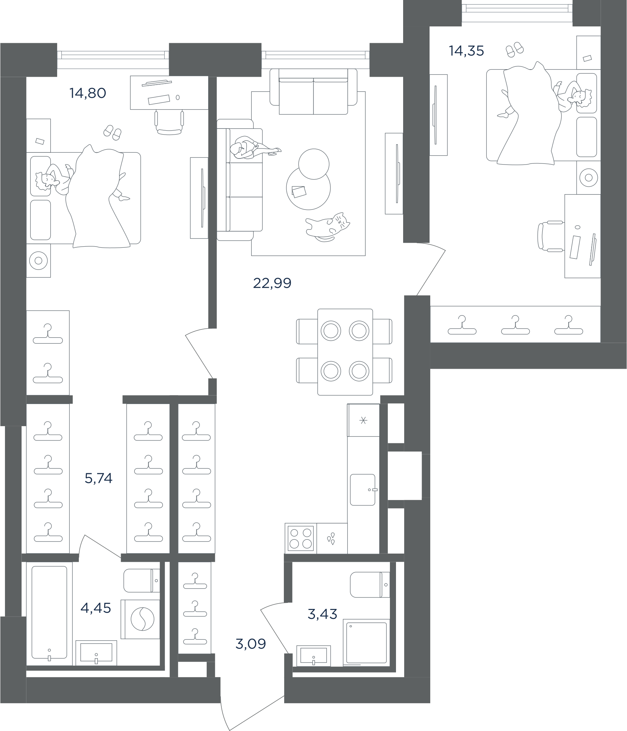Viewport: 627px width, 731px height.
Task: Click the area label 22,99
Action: [272, 283]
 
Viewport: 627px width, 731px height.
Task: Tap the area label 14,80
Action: [88, 93]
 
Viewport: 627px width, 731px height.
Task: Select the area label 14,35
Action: [466, 51]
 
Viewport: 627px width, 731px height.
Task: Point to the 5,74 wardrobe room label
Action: [99, 478]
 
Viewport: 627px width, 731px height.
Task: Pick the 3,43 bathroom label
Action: [322, 614]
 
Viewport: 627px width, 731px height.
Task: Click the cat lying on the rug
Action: [327, 227]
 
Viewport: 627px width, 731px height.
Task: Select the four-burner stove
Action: [301, 539]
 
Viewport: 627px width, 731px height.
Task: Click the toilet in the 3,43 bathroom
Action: [370, 585]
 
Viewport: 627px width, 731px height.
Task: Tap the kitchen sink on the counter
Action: [363, 490]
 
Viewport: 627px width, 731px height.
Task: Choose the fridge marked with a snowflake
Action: [363, 420]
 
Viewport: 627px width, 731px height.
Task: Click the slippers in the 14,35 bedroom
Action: [515, 49]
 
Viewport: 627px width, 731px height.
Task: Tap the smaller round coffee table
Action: [313, 164]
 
